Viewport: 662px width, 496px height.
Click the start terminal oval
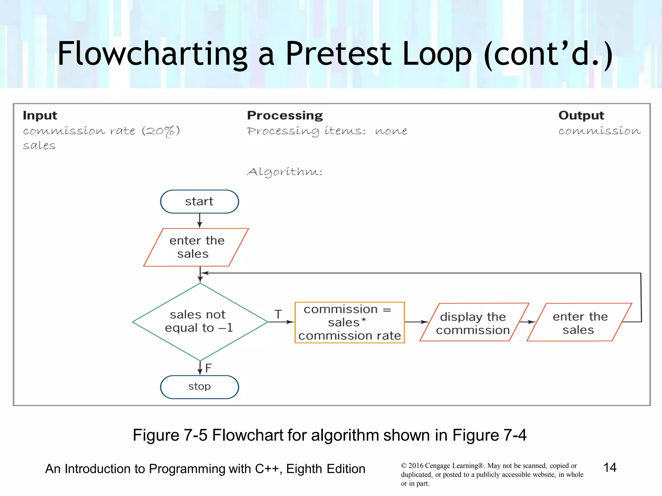tap(199, 201)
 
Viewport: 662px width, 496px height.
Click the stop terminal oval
tap(199, 387)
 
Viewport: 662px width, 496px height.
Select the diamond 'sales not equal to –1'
tap(199, 321)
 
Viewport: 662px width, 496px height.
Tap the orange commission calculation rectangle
tap(349, 322)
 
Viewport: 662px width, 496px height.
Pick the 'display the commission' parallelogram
tap(473, 323)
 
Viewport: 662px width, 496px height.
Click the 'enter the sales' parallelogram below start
tap(196, 247)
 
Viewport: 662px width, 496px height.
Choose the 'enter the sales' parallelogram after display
tap(579, 323)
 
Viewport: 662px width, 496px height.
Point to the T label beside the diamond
tap(278, 314)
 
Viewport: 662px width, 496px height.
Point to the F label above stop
tap(208, 368)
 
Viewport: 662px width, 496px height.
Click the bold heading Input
tap(40, 115)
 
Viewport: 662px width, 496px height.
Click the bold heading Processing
tap(285, 115)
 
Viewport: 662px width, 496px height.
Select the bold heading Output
tap(581, 115)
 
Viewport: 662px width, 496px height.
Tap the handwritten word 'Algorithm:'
tap(284, 172)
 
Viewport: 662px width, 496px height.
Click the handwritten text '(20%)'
tap(161, 131)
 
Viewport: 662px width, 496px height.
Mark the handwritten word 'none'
tap(391, 131)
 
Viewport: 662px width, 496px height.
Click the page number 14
tap(610, 467)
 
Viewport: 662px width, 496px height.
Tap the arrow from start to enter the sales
tap(199, 221)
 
